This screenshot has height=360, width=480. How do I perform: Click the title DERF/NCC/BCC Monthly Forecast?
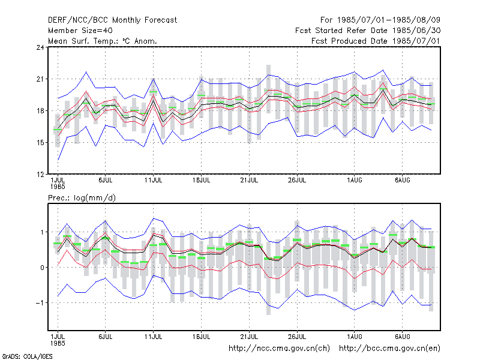click(x=112, y=20)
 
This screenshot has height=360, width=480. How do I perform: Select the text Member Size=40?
click(x=80, y=31)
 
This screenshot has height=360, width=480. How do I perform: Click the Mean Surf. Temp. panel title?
click(x=103, y=41)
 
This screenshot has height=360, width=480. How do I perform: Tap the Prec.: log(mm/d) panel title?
click(x=82, y=198)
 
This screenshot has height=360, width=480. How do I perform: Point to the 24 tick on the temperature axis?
click(x=40, y=47)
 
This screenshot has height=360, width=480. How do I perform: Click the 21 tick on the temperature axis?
click(x=40, y=79)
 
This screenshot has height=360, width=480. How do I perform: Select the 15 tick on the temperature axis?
click(x=40, y=143)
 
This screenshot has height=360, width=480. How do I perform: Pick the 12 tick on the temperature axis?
click(x=40, y=175)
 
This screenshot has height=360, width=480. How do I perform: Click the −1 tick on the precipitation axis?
click(x=40, y=303)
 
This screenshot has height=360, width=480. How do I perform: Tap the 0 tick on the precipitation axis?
click(x=42, y=268)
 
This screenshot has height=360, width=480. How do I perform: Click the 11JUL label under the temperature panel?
click(x=154, y=181)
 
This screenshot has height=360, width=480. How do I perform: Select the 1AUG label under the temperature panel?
click(x=355, y=181)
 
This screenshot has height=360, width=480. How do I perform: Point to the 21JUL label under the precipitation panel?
click(x=249, y=337)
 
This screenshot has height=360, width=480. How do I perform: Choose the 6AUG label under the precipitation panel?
click(x=402, y=337)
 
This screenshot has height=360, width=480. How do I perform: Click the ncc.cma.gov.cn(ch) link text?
click(x=279, y=349)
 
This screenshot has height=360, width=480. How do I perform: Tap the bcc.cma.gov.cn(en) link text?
click(x=389, y=349)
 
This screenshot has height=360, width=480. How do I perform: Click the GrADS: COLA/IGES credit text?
click(x=27, y=356)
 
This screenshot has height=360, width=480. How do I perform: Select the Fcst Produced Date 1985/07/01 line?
click(x=376, y=41)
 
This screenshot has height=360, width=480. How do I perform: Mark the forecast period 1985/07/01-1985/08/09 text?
click(x=389, y=20)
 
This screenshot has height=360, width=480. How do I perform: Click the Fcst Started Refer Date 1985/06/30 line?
click(x=368, y=31)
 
